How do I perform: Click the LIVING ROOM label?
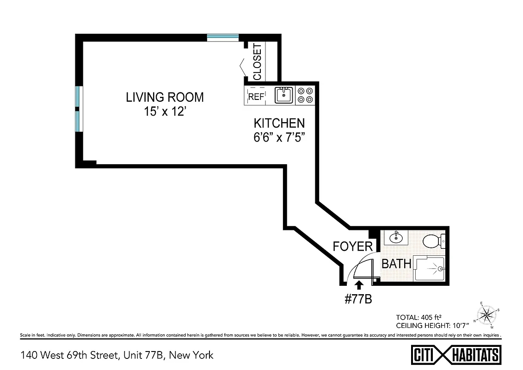(165, 97)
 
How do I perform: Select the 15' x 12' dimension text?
(165, 112)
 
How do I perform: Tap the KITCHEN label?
(279, 123)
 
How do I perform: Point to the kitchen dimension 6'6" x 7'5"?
(279, 137)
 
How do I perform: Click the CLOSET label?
(257, 62)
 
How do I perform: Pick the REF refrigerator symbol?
(256, 96)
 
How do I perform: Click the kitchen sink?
(283, 95)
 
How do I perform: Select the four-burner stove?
(305, 95)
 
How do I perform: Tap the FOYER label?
(352, 246)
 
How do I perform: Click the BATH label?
(396, 264)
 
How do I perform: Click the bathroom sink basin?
(396, 238)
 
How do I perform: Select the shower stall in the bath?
(430, 269)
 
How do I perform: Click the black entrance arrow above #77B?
(358, 285)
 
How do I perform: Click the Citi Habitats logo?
(456, 355)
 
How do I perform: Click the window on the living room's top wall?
(222, 37)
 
